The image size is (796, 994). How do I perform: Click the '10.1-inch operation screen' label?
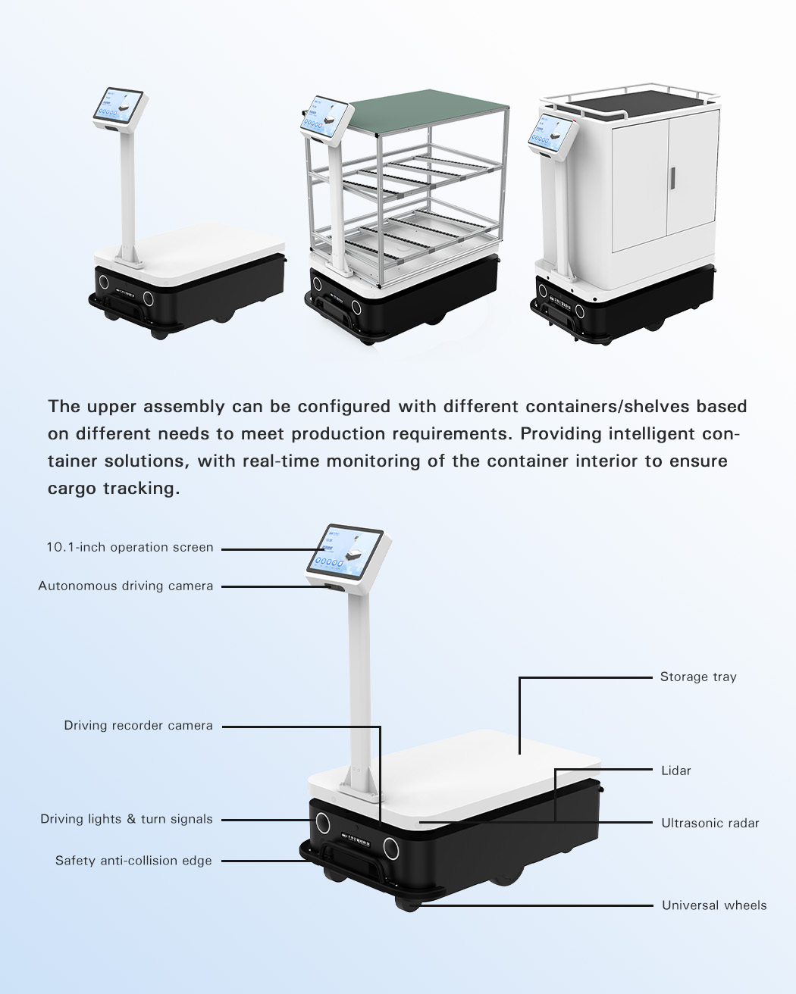[x=130, y=548]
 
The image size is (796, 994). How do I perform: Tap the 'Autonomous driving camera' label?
[x=126, y=586]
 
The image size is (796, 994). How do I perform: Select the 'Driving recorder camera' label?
[x=138, y=726]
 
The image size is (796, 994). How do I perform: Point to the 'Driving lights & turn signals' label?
[x=127, y=819]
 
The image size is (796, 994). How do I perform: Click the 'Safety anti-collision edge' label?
[x=133, y=861]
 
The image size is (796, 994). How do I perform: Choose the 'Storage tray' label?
[x=697, y=677]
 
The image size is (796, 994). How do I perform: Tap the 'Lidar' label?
[x=675, y=771]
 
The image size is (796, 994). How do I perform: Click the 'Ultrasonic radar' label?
[x=710, y=823]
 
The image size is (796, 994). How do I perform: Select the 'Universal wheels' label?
[x=713, y=905]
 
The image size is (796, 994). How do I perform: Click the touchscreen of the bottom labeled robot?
[x=345, y=550]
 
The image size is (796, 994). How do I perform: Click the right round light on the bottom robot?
[x=391, y=846]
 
